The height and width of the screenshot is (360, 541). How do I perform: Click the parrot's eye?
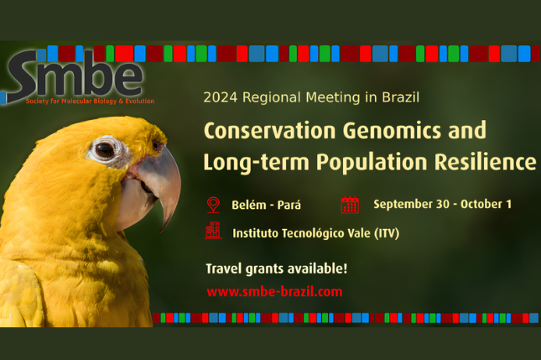105,150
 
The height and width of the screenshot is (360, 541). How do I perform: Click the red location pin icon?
213,205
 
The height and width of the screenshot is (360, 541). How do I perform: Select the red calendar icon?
350,205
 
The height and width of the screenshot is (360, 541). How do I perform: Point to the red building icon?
213,231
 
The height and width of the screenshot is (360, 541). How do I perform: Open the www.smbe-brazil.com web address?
274,292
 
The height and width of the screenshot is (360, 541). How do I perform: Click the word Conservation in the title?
270,130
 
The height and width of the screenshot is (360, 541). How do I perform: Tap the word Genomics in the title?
392,131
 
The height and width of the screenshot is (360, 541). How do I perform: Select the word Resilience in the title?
485,162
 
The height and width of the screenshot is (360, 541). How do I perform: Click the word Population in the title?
372,163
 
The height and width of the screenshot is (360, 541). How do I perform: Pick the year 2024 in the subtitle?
221,97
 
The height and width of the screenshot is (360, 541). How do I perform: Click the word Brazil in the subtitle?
401,97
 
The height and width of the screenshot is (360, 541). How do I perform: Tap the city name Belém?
249,205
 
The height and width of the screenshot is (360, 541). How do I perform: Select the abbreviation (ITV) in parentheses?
388,233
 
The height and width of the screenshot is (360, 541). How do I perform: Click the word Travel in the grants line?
224,269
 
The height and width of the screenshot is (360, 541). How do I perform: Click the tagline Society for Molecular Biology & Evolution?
90,102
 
